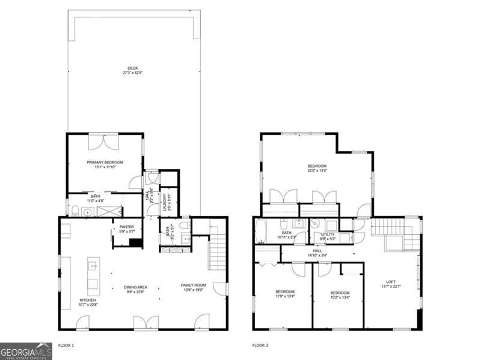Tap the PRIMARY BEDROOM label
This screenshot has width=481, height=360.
(x=105, y=162)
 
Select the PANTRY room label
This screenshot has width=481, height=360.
(x=126, y=227)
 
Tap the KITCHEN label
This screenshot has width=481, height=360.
(x=88, y=300)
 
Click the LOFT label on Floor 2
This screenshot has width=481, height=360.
(x=391, y=282)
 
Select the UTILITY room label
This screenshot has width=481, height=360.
(x=328, y=234)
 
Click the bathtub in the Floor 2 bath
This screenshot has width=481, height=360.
(x=262, y=231)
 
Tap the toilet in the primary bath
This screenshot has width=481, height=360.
(x=75, y=211)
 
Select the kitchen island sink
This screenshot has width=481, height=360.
(x=93, y=265)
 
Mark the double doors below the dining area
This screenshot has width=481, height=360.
(x=146, y=323)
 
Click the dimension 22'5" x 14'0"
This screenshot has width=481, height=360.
(x=317, y=171)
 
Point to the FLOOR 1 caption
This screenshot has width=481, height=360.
(x=66, y=346)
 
